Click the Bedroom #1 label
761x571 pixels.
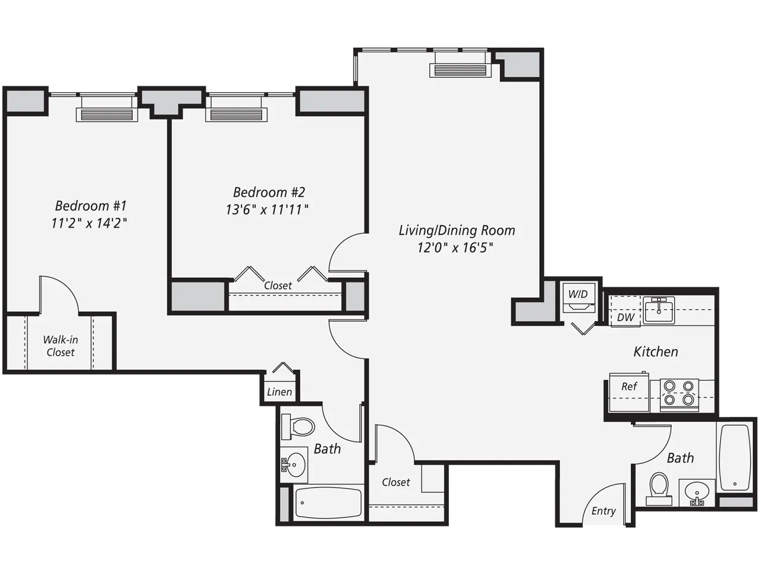coord(90,206)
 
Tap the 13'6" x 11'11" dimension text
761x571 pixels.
coord(267,209)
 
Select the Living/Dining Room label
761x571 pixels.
coord(457,230)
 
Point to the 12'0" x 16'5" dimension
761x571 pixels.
coord(455,247)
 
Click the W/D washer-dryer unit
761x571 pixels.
coord(578,300)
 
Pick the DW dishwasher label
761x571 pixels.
coord(625,318)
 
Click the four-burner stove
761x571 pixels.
coord(679,394)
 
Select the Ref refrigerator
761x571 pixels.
coord(629,393)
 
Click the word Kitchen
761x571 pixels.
coord(655,352)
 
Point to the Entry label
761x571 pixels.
coord(603,511)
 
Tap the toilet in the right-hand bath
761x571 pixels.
coord(659,488)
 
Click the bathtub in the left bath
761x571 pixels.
coord(328,503)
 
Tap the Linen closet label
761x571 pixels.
coord(279,392)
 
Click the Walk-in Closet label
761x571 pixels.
coord(61,346)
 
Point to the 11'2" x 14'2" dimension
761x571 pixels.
coord(89,223)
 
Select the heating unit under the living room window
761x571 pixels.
coord(460,70)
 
